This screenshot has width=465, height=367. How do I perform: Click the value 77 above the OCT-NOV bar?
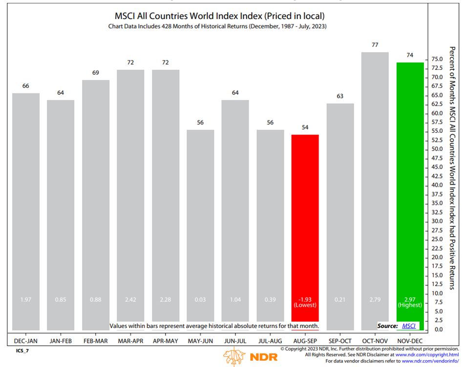point(375,45)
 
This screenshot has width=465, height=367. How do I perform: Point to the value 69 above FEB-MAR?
point(96,73)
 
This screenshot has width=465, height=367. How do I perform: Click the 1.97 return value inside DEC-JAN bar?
point(26,299)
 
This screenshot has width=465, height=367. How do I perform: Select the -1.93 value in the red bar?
point(305,299)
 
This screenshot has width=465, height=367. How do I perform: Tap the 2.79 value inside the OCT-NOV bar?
point(375,299)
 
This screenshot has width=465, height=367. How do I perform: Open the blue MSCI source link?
point(409,325)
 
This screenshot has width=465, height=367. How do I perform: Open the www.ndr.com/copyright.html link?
point(427,354)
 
